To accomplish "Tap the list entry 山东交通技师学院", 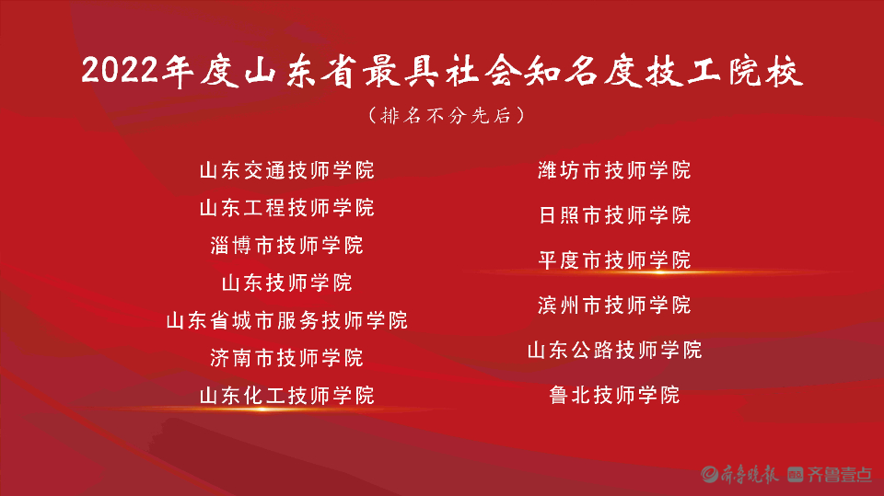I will (286, 170).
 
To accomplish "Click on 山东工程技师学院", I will (286, 207).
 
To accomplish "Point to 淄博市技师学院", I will (286, 245).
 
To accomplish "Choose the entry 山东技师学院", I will (286, 283).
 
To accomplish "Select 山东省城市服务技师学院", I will (286, 320).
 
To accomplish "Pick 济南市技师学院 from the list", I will (286, 357).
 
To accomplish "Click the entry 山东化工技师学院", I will (286, 396).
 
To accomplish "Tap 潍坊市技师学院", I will (614, 170).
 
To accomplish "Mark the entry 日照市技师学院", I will (614, 215).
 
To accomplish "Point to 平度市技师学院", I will (614, 260).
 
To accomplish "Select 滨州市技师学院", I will (614, 305).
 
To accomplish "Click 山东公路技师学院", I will (614, 350).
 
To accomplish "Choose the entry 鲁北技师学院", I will (614, 395).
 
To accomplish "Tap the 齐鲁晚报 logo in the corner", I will (740, 474).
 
